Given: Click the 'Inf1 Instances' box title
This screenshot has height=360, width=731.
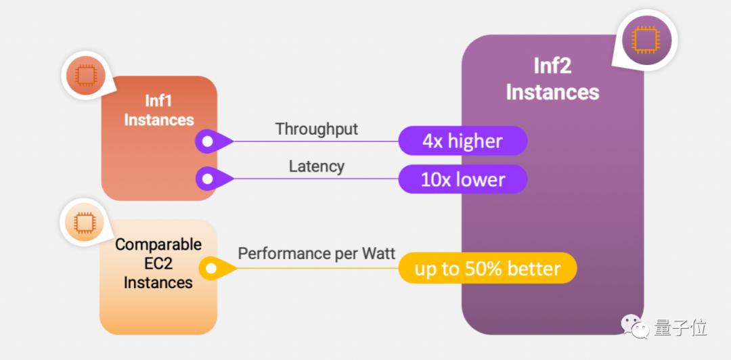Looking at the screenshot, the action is pyautogui.click(x=159, y=110).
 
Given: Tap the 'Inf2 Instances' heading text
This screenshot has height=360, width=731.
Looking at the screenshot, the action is pyautogui.click(x=552, y=79).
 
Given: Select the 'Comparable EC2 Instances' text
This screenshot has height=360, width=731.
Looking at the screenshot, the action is pyautogui.click(x=158, y=263).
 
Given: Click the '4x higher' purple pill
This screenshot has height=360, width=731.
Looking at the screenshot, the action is pyautogui.click(x=462, y=140).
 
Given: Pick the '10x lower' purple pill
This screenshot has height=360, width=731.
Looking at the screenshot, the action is pyautogui.click(x=462, y=179).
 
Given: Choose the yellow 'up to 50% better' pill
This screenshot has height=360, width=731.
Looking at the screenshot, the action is pyautogui.click(x=487, y=268).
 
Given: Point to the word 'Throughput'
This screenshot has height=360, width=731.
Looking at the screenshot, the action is pyautogui.click(x=317, y=129).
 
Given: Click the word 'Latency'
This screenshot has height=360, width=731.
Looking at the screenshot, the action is pyautogui.click(x=317, y=166).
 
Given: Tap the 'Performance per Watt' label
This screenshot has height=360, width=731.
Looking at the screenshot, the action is pyautogui.click(x=317, y=253).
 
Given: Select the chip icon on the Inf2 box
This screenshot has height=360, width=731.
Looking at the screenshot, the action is pyautogui.click(x=646, y=39).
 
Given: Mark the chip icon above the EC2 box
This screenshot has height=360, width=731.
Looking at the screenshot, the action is pyautogui.click(x=85, y=223).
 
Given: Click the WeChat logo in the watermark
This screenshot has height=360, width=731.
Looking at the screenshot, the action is pyautogui.click(x=635, y=325).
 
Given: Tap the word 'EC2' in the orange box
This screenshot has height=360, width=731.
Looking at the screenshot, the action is pyautogui.click(x=158, y=263).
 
